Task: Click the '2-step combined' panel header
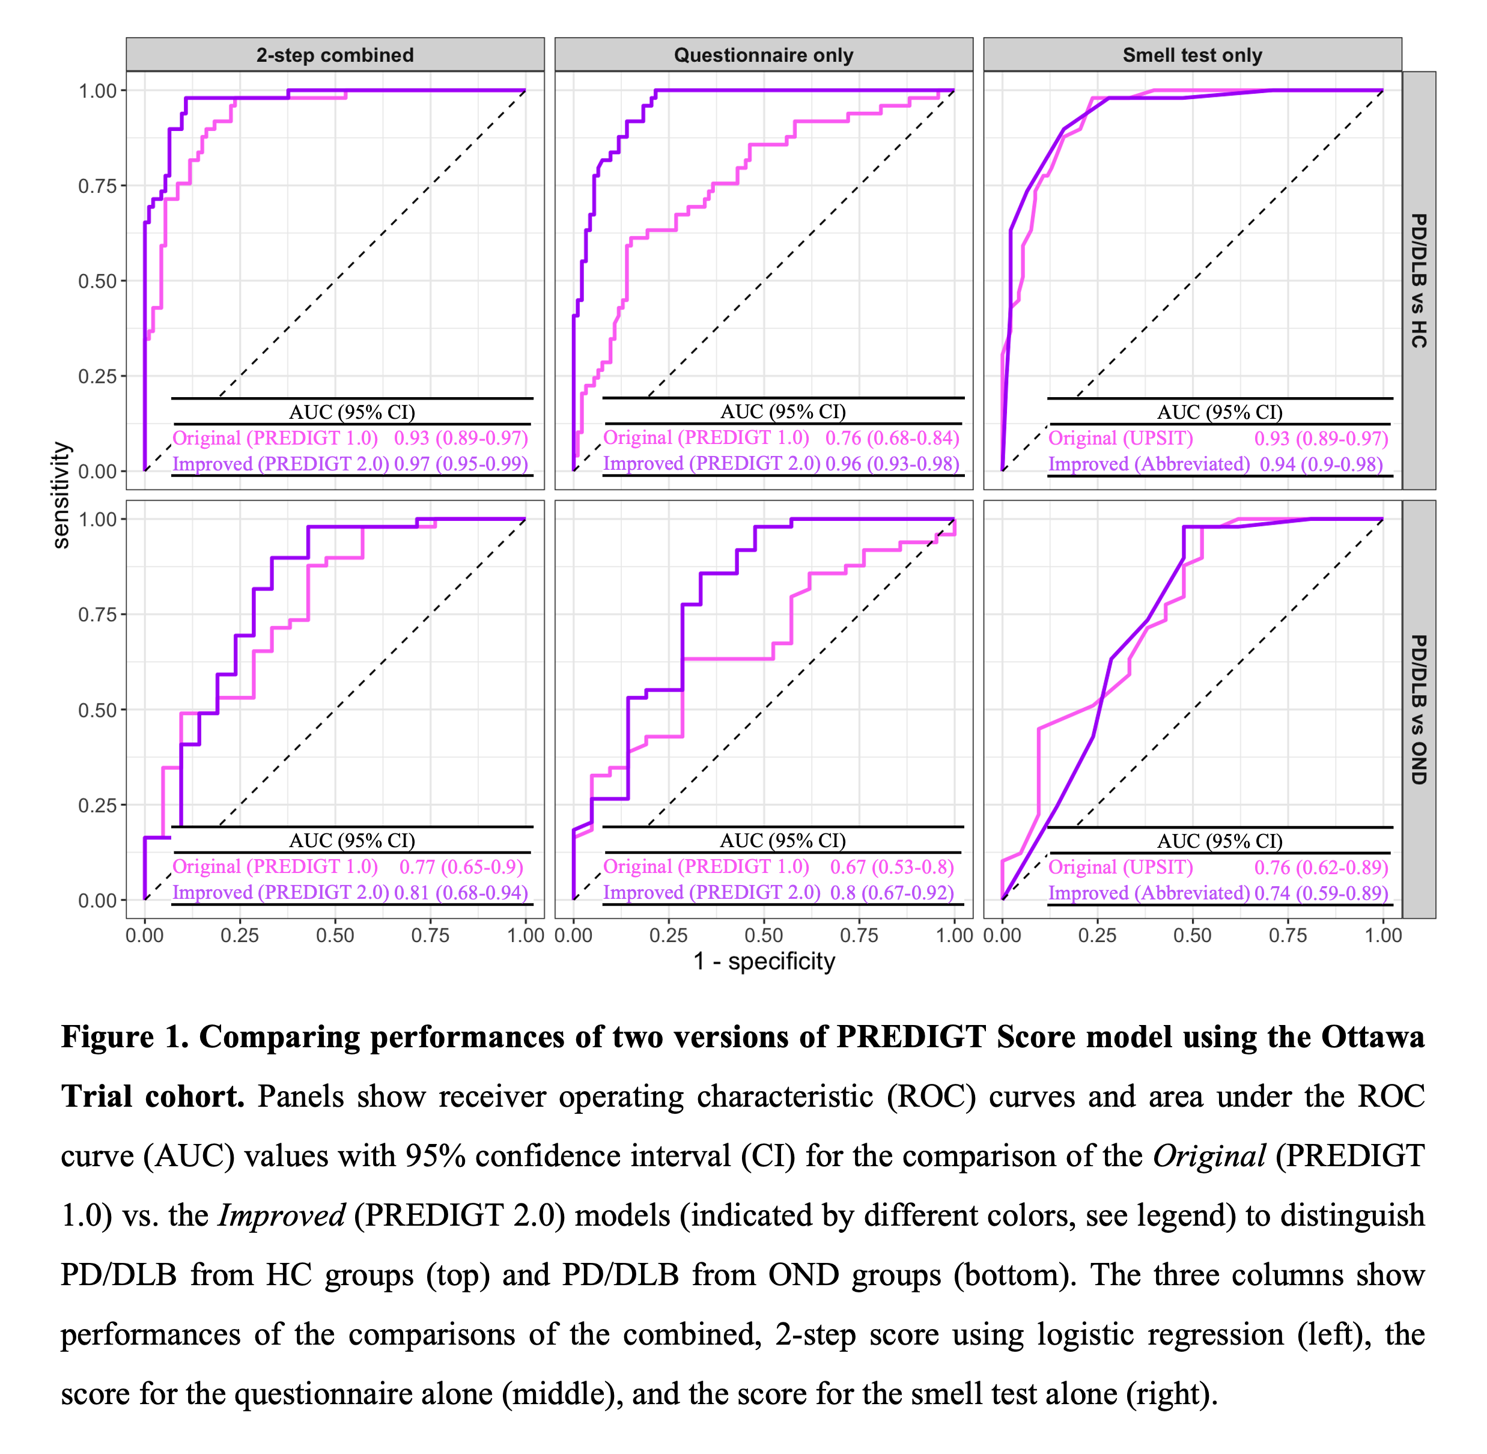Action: [x=335, y=55]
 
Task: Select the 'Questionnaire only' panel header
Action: [x=763, y=55]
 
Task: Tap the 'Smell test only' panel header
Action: [x=1191, y=55]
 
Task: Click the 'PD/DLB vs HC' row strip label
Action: [x=1419, y=280]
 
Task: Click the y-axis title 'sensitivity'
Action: [x=61, y=495]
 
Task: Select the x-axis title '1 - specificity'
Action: [x=763, y=961]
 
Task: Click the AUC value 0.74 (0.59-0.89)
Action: [x=1321, y=893]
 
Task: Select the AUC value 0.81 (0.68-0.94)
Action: [x=461, y=893]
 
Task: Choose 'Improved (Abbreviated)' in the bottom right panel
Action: [x=1149, y=893]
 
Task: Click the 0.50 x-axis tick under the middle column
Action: [x=763, y=935]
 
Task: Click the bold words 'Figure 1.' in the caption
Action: [x=124, y=1037]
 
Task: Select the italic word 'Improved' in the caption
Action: [x=282, y=1215]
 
